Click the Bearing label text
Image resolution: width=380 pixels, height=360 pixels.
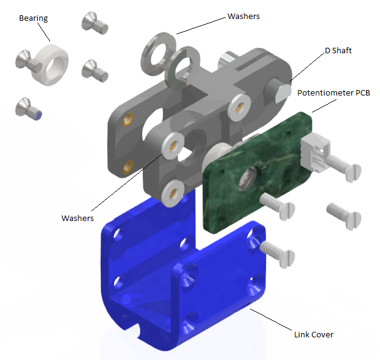(34, 18)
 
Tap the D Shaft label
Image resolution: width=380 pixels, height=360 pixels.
(338, 51)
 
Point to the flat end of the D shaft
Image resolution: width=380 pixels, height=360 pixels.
(284, 92)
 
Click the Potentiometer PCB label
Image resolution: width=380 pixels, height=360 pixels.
(333, 93)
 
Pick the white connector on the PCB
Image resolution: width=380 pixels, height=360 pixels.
(315, 152)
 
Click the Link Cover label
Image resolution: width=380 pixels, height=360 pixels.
(314, 334)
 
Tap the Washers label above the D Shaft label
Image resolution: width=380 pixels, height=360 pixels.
(243, 16)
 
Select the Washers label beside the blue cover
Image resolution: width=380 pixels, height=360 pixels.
(77, 218)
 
